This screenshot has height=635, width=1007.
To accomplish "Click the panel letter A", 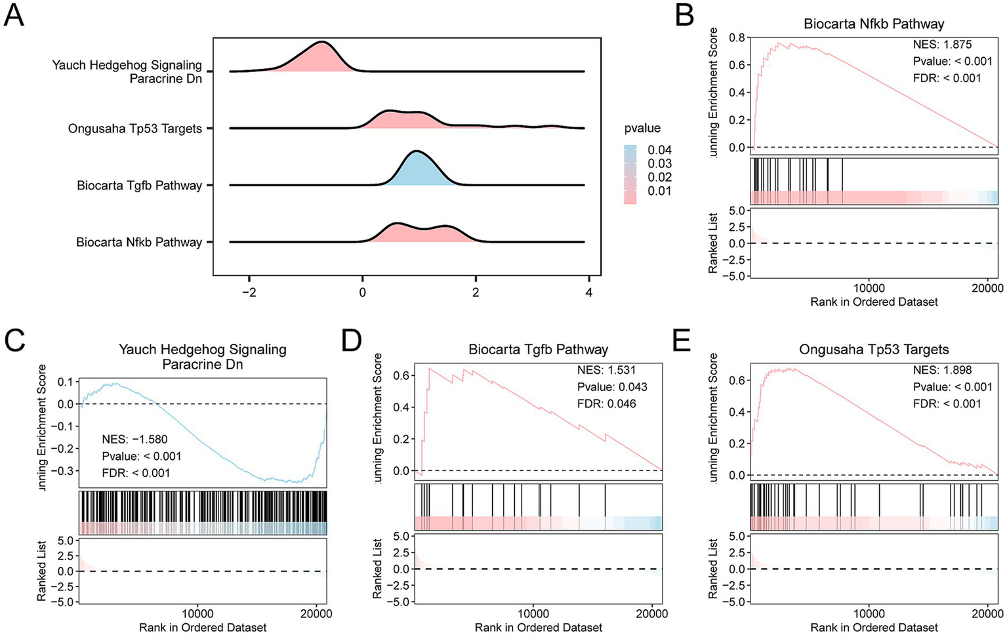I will click(14, 14).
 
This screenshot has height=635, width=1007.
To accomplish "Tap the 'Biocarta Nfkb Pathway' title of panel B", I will click(874, 24).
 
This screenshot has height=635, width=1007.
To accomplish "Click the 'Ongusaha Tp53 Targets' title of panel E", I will click(874, 350).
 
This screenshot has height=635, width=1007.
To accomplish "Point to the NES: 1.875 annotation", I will click(942, 45).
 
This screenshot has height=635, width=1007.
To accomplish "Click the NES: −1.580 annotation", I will click(134, 440).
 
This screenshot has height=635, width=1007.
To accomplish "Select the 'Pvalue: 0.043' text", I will click(612, 387).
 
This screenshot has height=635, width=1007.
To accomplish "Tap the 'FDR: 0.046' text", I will click(606, 403).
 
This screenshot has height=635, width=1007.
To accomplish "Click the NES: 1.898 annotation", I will click(942, 370).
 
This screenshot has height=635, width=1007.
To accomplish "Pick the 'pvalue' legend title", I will click(642, 128).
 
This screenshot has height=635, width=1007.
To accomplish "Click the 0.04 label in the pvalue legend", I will click(659, 150).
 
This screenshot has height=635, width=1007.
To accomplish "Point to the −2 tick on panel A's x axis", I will click(249, 292).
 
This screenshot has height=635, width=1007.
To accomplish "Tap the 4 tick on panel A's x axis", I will click(589, 292).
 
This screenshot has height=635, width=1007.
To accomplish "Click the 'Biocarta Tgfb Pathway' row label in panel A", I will click(139, 186).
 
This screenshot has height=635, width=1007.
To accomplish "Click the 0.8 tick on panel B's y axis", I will click(737, 37).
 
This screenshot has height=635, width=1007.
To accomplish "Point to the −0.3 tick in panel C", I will click(64, 471).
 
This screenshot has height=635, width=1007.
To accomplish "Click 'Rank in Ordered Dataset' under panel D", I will click(538, 628).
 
